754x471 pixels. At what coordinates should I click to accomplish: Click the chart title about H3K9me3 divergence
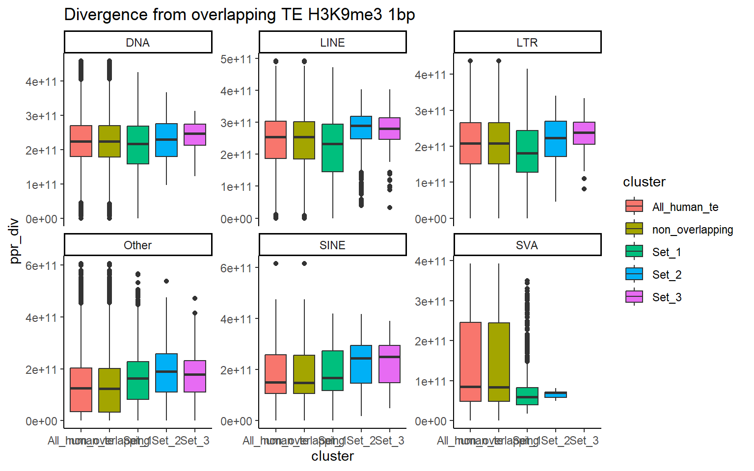(240, 15)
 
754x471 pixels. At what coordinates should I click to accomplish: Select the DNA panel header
(138, 42)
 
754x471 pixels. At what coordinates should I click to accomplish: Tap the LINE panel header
(332, 42)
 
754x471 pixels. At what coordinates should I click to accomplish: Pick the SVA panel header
(527, 245)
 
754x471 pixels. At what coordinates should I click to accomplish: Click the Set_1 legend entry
(666, 252)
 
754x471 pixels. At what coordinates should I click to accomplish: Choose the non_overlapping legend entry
(692, 230)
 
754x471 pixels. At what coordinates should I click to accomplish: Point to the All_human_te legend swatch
(634, 207)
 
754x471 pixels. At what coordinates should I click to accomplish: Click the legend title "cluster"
(644, 182)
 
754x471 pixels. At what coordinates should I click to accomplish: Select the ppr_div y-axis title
(14, 240)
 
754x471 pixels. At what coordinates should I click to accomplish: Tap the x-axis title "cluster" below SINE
(332, 456)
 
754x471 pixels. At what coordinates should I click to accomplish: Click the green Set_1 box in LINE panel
(332, 148)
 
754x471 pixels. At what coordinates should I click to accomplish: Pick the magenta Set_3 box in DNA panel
(195, 134)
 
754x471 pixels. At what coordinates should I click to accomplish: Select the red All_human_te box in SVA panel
(470, 362)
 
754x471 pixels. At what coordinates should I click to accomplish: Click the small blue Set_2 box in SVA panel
(556, 394)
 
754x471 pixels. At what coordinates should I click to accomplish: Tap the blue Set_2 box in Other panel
(166, 372)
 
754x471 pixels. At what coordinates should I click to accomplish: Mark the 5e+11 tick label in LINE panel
(236, 59)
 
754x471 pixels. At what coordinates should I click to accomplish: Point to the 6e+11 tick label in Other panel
(41, 266)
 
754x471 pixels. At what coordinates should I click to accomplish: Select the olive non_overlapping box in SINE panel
(304, 374)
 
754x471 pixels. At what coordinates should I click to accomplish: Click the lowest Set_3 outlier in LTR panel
(584, 189)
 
